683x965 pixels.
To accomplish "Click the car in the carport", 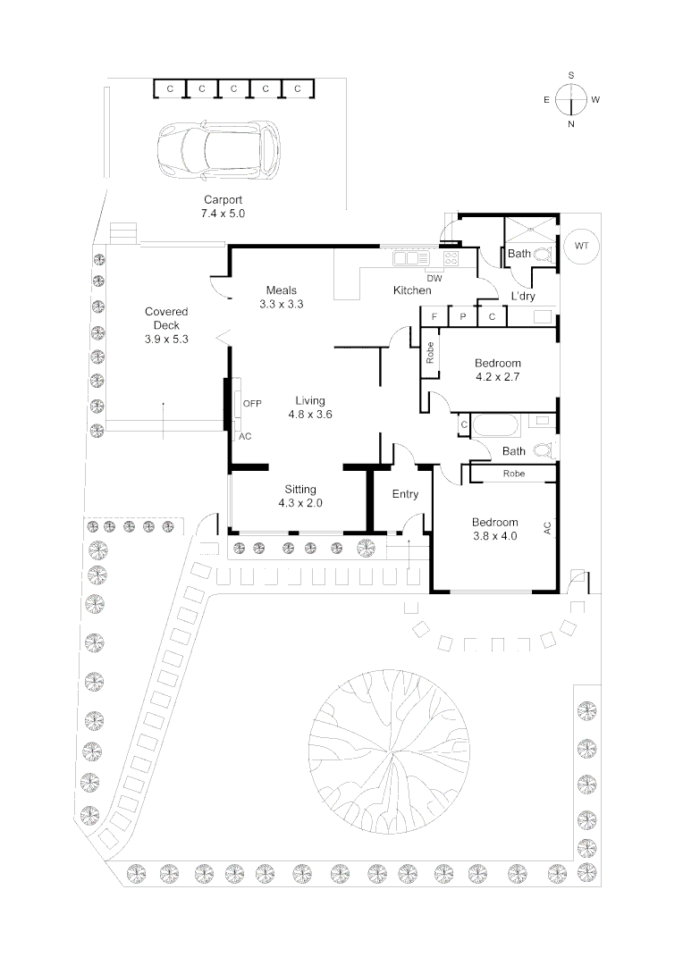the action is point(218,151).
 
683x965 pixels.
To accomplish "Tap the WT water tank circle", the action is point(581,246).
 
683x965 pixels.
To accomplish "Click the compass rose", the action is point(571,100).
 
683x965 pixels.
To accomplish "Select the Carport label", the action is point(223,199).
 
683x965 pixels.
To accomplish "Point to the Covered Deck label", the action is point(166,318).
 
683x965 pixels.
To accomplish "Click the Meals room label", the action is point(282,289).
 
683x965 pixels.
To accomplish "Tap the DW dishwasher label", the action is point(434,278).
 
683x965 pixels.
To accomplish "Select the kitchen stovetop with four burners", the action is point(451,258).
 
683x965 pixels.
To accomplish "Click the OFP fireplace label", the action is point(252,404).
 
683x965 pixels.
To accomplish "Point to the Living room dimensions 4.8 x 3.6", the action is point(310,415).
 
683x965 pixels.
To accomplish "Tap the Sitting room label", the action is point(300,490).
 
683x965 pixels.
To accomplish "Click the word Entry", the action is point(405,493).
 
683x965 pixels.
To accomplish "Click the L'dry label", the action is point(523,296).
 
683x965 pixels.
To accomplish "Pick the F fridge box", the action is point(434,316).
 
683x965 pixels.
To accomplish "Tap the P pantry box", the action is point(463,316).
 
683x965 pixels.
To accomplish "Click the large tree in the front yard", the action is point(388,751).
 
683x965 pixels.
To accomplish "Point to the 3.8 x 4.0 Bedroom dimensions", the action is point(495,536).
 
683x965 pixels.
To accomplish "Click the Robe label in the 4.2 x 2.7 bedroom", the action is point(430,353).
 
